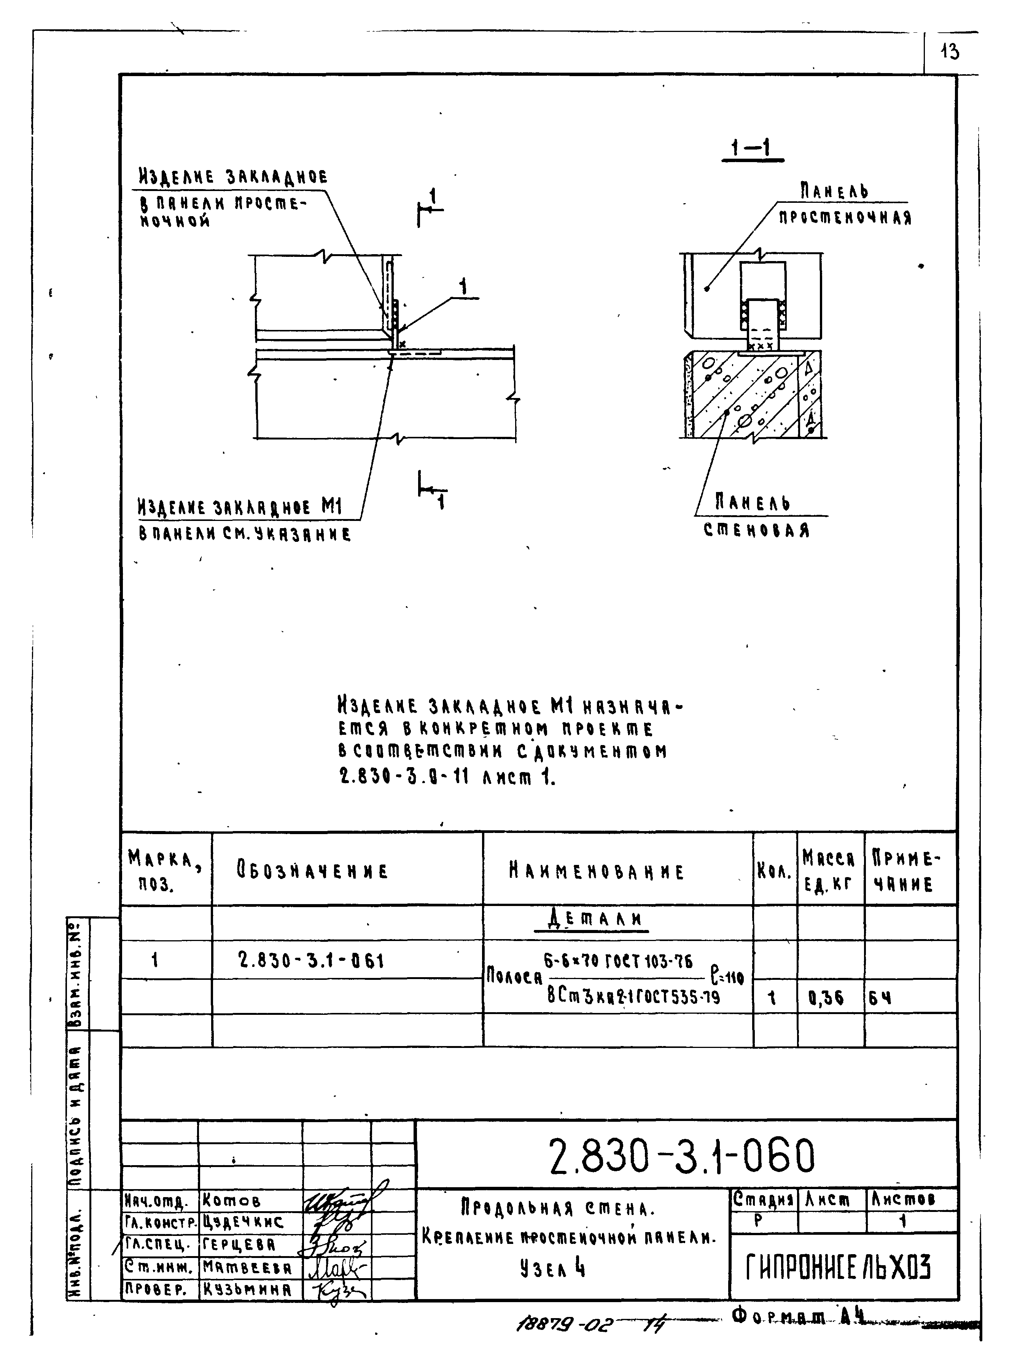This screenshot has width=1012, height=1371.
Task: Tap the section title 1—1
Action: pos(752,148)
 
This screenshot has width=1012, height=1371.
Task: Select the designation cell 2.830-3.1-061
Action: pos(311,960)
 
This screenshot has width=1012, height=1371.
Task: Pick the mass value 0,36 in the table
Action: pos(826,998)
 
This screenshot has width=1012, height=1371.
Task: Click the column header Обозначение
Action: pos(312,871)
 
